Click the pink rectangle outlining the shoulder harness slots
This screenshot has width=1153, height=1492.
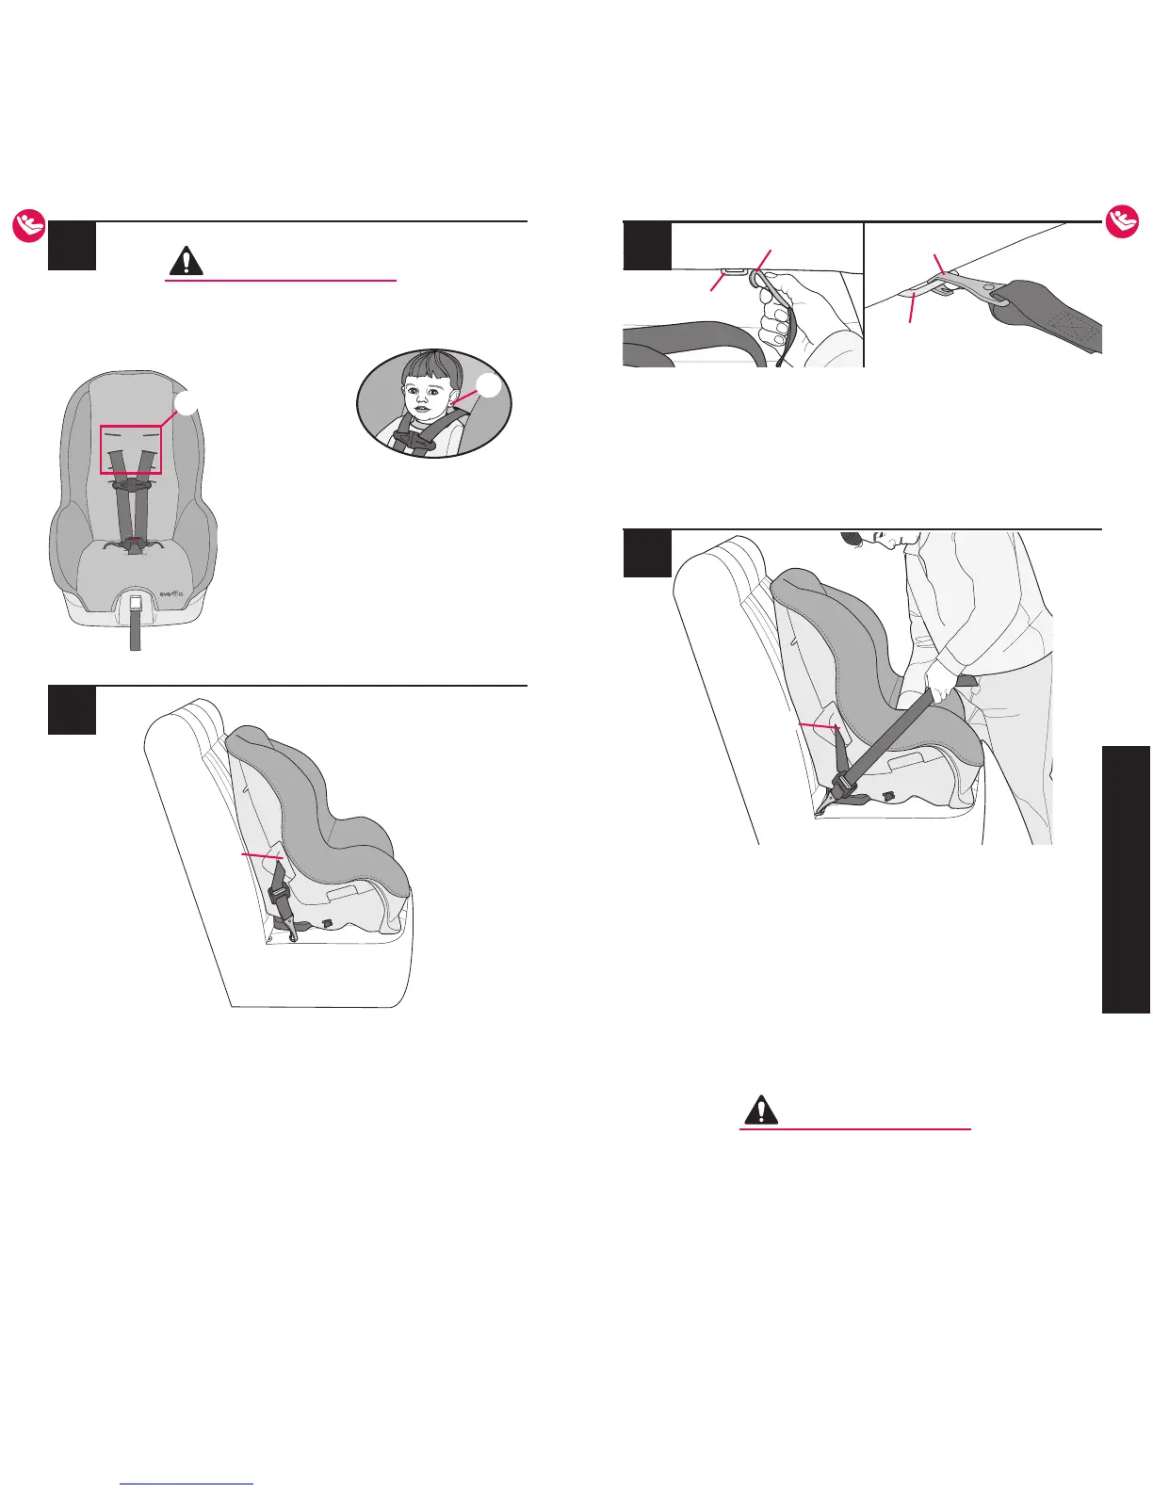(x=132, y=449)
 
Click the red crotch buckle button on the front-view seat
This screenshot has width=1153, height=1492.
(x=135, y=541)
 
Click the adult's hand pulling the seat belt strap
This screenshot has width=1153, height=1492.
(x=938, y=675)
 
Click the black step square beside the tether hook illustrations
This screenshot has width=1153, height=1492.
(x=648, y=246)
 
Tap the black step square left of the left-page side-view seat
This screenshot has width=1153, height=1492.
(x=72, y=710)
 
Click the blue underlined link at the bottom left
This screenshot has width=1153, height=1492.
(x=187, y=1484)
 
